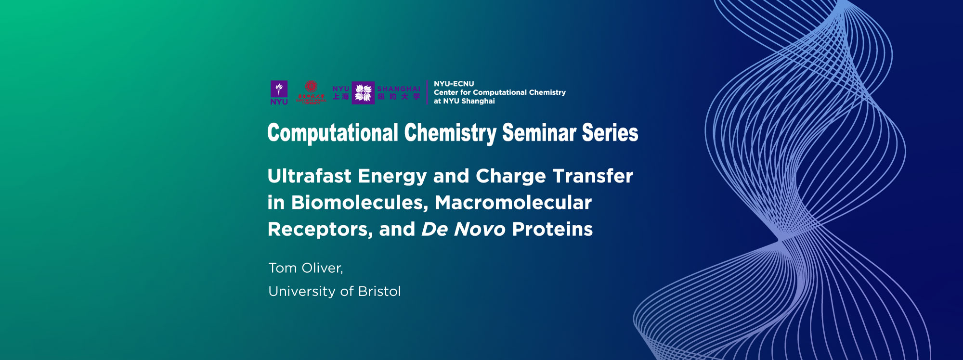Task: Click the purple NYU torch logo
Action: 279,90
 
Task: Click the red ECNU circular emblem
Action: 311,87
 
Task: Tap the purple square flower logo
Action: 363,93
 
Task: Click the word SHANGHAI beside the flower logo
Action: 398,89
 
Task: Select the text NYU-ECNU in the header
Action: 454,84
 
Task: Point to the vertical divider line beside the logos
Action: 427,92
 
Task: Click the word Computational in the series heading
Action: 332,133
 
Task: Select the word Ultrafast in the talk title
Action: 309,176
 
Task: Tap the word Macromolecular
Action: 513,203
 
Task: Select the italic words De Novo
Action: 463,229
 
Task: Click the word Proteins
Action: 552,229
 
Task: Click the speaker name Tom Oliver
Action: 305,268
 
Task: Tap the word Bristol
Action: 379,291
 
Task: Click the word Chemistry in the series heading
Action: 450,133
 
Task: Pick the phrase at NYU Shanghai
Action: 464,101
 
